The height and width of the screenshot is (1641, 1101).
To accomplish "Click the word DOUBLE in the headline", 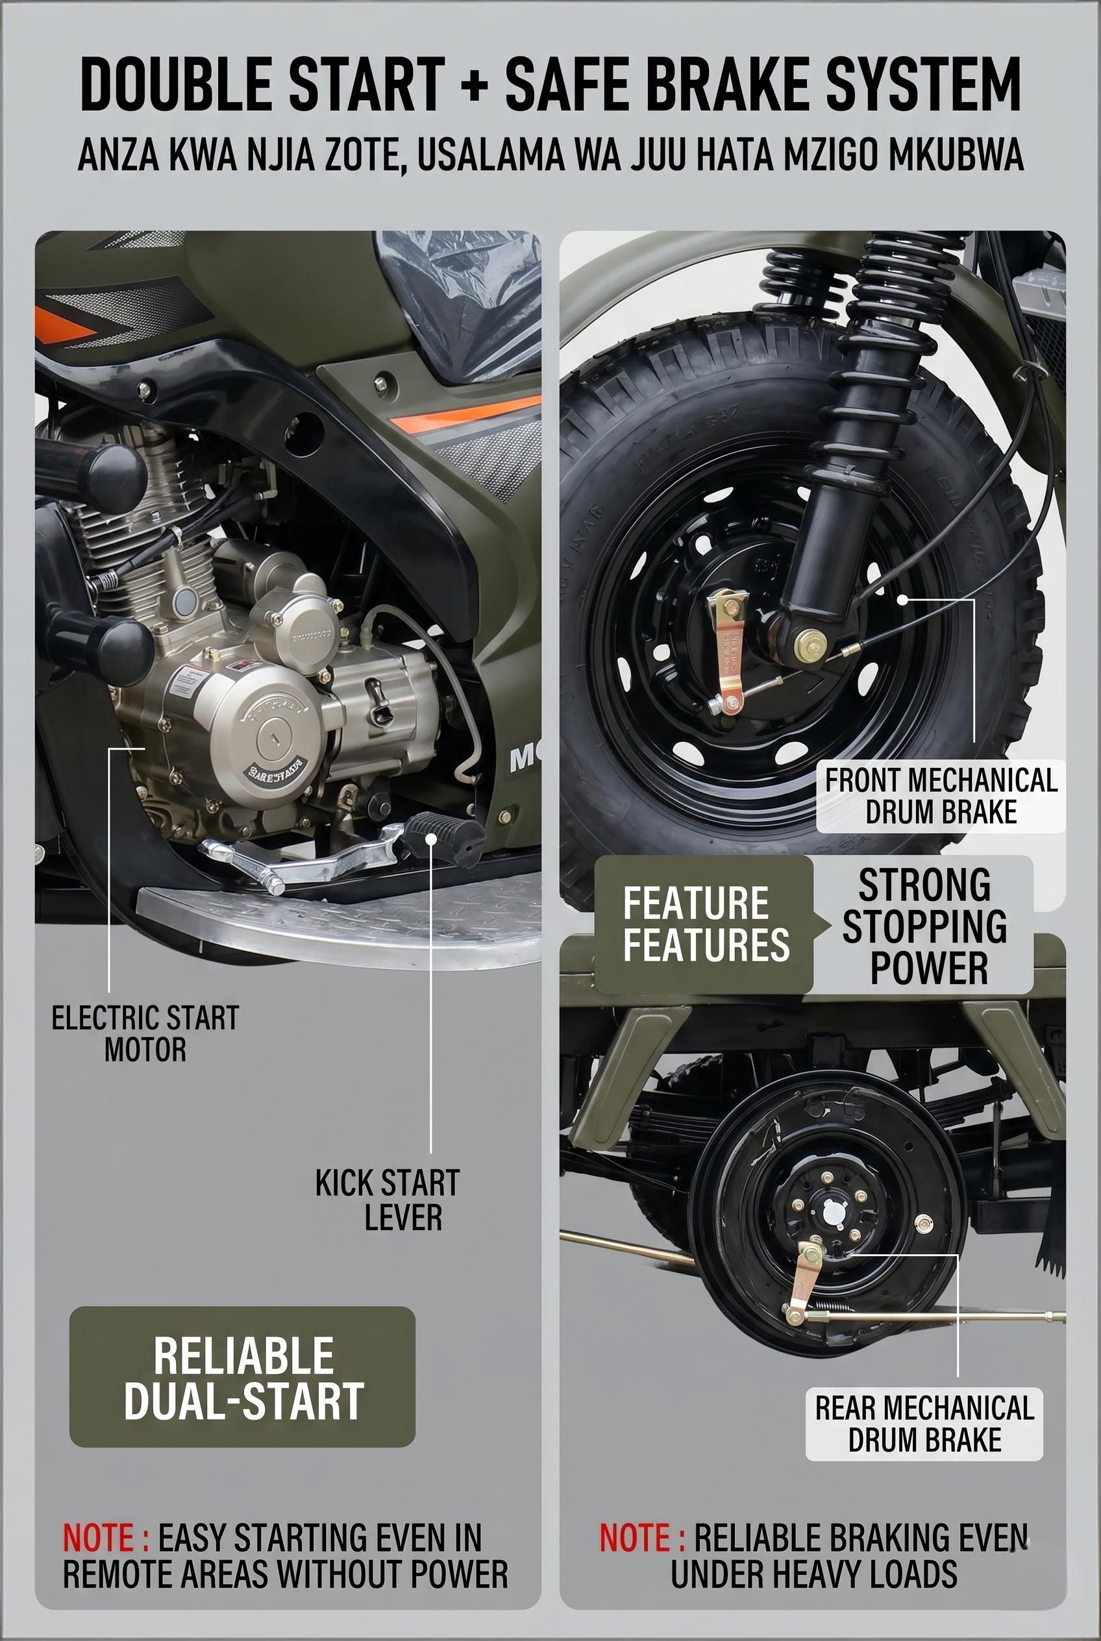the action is (x=175, y=84).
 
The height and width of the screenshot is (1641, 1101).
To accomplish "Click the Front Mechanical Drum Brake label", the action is (x=941, y=796).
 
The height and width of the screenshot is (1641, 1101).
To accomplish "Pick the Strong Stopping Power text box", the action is (x=923, y=926).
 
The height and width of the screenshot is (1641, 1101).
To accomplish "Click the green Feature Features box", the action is (x=704, y=924).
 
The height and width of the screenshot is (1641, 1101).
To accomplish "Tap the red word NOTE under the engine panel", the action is (x=106, y=1537).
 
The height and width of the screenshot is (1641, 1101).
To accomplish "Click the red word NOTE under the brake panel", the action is (x=643, y=1537).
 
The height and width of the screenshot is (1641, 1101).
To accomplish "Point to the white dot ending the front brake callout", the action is (x=903, y=599).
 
